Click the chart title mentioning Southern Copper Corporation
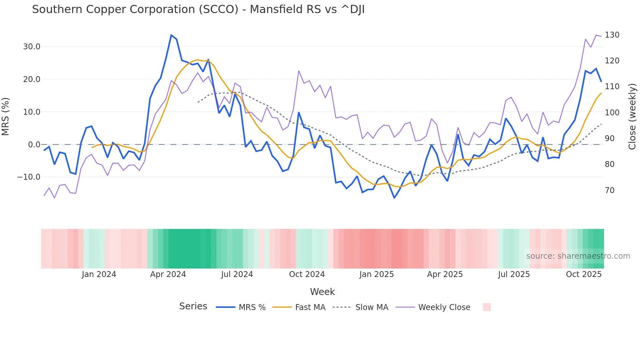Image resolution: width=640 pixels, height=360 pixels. [198, 9]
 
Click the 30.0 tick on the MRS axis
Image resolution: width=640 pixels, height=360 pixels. [32, 47]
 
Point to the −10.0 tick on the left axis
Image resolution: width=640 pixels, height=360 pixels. [29, 177]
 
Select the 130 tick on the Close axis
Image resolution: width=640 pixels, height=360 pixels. [612, 35]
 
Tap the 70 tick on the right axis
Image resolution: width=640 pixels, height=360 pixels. [610, 190]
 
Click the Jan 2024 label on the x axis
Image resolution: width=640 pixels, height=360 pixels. [99, 274]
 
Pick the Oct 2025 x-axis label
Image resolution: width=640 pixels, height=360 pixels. [584, 274]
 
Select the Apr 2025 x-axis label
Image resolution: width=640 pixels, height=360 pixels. [445, 274]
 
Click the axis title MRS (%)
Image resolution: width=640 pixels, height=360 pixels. [6, 116]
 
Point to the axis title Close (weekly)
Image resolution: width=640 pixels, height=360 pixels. [632, 116]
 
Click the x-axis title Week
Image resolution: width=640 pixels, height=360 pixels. [322, 292]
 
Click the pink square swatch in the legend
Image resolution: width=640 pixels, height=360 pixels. [487, 307]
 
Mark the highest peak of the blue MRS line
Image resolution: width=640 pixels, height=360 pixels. [171, 35]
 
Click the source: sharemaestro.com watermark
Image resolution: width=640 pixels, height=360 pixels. [578, 256]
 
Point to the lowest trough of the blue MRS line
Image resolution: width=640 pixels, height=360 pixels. [394, 198]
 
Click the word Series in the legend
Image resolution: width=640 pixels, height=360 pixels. [193, 306]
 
